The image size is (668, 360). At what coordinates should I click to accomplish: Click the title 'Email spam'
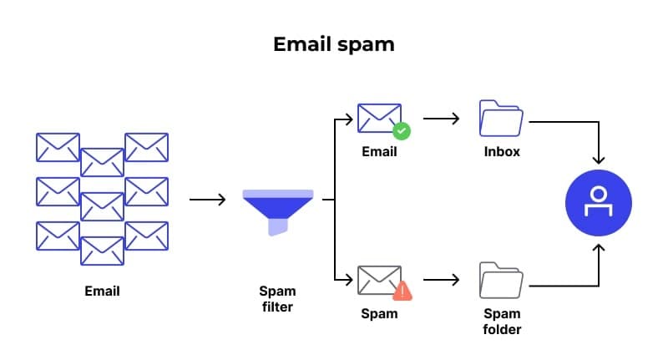[334, 44]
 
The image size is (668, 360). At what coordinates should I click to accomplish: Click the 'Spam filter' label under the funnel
[277, 299]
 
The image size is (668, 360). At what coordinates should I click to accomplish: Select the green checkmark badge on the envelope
[401, 131]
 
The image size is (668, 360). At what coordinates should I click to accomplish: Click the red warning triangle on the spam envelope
[402, 291]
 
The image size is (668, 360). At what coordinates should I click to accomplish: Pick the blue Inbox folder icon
[501, 119]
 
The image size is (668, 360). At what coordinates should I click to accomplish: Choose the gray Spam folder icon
[501, 281]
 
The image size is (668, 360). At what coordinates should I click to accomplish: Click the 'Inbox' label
[502, 152]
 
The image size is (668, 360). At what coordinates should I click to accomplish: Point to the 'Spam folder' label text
[502, 322]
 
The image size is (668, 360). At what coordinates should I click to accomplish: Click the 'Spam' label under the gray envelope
[379, 314]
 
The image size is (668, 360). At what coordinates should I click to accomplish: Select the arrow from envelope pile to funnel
[208, 200]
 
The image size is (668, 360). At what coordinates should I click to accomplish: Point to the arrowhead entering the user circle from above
[598, 159]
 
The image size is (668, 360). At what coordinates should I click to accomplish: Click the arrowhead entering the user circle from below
[598, 247]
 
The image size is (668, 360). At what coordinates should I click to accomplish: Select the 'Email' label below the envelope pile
[102, 292]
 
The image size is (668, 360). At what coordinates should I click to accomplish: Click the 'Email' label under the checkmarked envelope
[379, 152]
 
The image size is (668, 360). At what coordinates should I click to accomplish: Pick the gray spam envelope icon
[377, 281]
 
